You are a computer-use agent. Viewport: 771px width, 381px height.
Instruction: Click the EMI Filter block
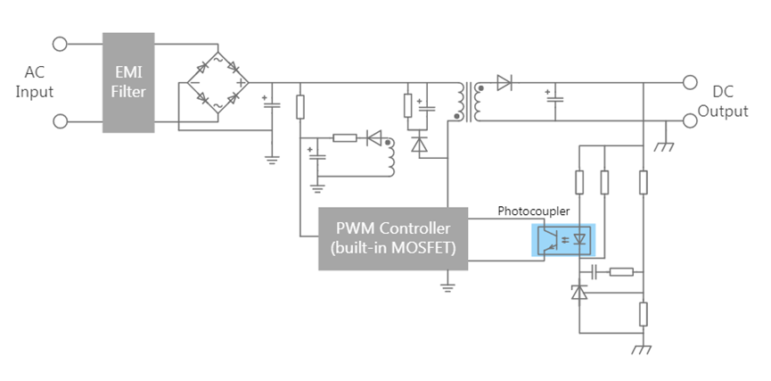[128, 83]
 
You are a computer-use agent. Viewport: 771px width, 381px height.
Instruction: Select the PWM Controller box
[393, 239]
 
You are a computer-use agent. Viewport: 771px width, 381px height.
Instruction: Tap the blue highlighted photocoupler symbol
[563, 240]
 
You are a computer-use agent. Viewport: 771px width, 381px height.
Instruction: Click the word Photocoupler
[534, 211]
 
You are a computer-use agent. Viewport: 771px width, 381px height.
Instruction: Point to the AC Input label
[34, 82]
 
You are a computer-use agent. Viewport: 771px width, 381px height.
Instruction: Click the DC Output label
[723, 102]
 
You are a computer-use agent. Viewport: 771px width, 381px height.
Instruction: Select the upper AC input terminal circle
[60, 45]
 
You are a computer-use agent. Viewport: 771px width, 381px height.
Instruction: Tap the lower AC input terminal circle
[60, 121]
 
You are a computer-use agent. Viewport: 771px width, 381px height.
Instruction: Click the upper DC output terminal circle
[690, 82]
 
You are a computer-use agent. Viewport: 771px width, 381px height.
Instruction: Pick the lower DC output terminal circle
[690, 120]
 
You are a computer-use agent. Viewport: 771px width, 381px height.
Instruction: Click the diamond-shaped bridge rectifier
[217, 83]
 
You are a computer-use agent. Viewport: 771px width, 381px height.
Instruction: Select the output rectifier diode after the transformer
[504, 83]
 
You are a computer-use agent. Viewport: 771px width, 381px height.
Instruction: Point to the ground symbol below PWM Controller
[447, 287]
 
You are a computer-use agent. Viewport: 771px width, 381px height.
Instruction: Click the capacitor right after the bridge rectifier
[272, 104]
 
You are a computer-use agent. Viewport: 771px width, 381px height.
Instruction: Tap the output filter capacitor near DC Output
[554, 97]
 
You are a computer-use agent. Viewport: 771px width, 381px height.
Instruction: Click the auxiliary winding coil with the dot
[390, 158]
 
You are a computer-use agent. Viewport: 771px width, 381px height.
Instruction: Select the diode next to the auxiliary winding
[373, 138]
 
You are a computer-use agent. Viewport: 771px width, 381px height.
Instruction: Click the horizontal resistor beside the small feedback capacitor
[621, 272]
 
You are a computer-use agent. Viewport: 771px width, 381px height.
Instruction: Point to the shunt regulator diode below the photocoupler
[579, 293]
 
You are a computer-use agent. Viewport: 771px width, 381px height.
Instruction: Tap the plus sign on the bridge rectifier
[241, 83]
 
